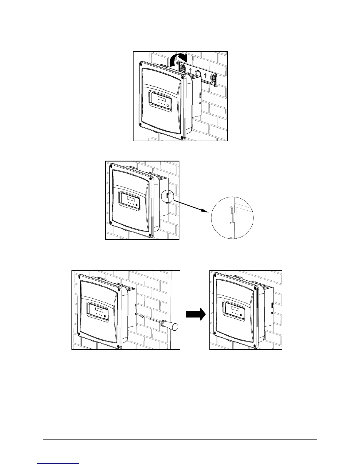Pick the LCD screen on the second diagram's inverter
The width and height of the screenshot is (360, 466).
click(x=130, y=198)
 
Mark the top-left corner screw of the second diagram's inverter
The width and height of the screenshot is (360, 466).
click(x=111, y=167)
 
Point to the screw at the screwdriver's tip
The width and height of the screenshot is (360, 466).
click(x=142, y=317)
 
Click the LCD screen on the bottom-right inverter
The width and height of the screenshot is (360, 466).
click(x=235, y=309)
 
